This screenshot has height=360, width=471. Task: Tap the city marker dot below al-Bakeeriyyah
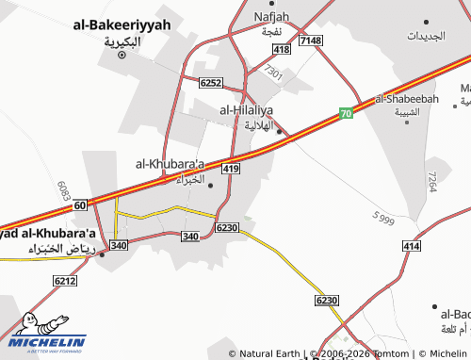click(122, 56)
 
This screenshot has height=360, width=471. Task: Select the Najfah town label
click(272, 16)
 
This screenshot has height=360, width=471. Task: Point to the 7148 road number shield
click(310, 41)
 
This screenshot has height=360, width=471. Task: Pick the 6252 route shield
click(211, 83)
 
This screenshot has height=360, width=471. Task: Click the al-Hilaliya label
click(251, 109)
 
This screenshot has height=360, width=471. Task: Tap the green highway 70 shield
click(347, 113)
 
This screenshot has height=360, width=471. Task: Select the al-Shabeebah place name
click(408, 99)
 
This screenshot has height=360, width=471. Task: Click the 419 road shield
click(229, 169)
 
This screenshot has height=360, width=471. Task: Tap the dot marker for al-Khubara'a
click(210, 185)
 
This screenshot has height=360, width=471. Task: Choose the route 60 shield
click(80, 205)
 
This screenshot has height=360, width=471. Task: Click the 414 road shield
click(411, 245)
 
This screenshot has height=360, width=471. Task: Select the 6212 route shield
click(65, 281)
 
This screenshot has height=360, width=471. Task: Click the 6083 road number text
click(65, 188)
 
